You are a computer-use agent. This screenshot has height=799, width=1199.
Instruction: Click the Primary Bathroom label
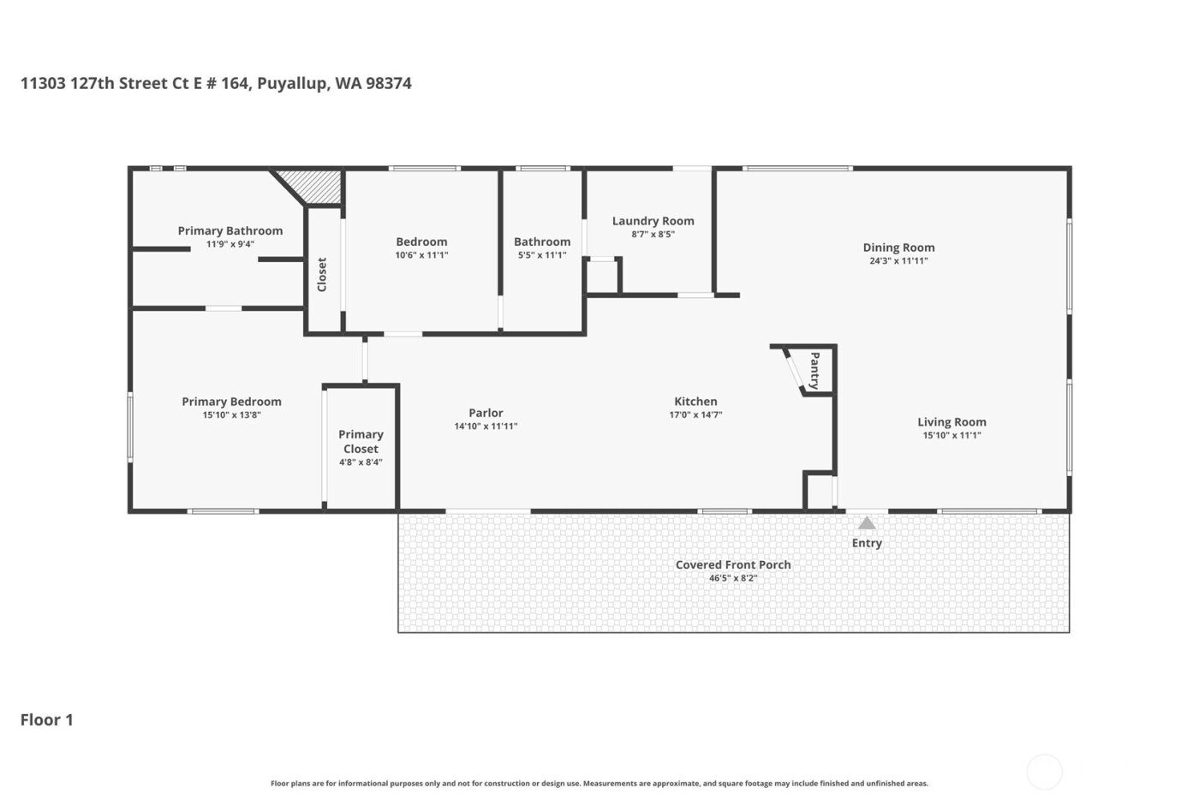pos(230,230)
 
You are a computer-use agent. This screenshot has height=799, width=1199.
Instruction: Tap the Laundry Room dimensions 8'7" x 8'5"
pos(653,235)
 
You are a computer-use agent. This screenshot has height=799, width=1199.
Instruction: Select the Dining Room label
pos(898,247)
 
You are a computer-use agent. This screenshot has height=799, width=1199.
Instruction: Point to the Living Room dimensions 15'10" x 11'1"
pos(951,435)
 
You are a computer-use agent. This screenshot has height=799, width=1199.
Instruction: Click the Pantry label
pos(814,370)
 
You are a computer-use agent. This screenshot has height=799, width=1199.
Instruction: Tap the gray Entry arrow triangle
pos(867,523)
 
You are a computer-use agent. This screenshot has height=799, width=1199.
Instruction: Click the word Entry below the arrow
pos(867,543)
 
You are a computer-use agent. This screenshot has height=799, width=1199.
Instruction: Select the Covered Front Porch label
pos(733,564)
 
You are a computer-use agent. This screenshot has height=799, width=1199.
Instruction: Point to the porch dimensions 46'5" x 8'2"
pos(733,578)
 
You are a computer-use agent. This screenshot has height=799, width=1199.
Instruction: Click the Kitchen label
pos(695,401)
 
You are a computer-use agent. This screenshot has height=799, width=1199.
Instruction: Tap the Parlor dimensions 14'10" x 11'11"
pos(486,426)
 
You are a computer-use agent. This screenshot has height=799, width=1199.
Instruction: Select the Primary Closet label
pos(361,441)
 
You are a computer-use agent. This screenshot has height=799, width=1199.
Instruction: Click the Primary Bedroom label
pos(231,401)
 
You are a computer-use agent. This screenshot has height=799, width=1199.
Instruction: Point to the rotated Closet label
pos(322,275)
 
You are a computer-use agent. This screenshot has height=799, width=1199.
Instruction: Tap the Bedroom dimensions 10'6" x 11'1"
pos(421,255)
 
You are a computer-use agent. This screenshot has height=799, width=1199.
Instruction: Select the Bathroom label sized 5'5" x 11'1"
pos(542,241)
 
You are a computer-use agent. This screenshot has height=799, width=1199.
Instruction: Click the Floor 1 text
pos(47,719)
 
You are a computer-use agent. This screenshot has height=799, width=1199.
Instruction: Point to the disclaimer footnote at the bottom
pos(599,784)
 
